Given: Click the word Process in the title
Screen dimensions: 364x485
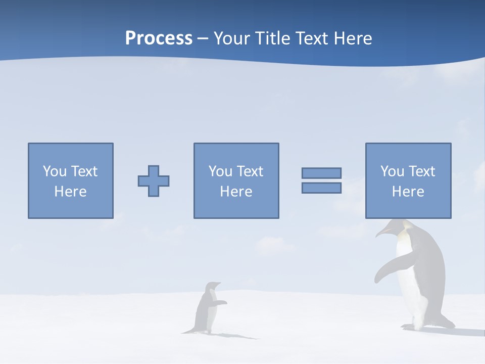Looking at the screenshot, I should [x=159, y=38].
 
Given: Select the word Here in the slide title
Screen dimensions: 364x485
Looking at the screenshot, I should [x=352, y=38].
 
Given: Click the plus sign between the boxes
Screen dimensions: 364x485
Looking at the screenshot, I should [x=154, y=180].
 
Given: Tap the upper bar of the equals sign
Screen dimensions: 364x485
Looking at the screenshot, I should [x=321, y=173].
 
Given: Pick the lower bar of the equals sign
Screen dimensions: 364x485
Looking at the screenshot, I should [x=321, y=188].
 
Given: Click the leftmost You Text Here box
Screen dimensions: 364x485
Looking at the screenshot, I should [x=71, y=180].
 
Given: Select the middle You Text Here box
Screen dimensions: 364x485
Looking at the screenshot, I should [x=236, y=180].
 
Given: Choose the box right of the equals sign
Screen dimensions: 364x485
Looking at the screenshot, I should [x=408, y=180].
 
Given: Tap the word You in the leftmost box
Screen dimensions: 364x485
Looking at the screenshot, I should [x=55, y=171].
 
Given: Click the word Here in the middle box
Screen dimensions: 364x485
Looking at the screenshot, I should [x=236, y=192].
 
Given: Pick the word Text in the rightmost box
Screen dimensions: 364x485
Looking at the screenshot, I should [x=421, y=171].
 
